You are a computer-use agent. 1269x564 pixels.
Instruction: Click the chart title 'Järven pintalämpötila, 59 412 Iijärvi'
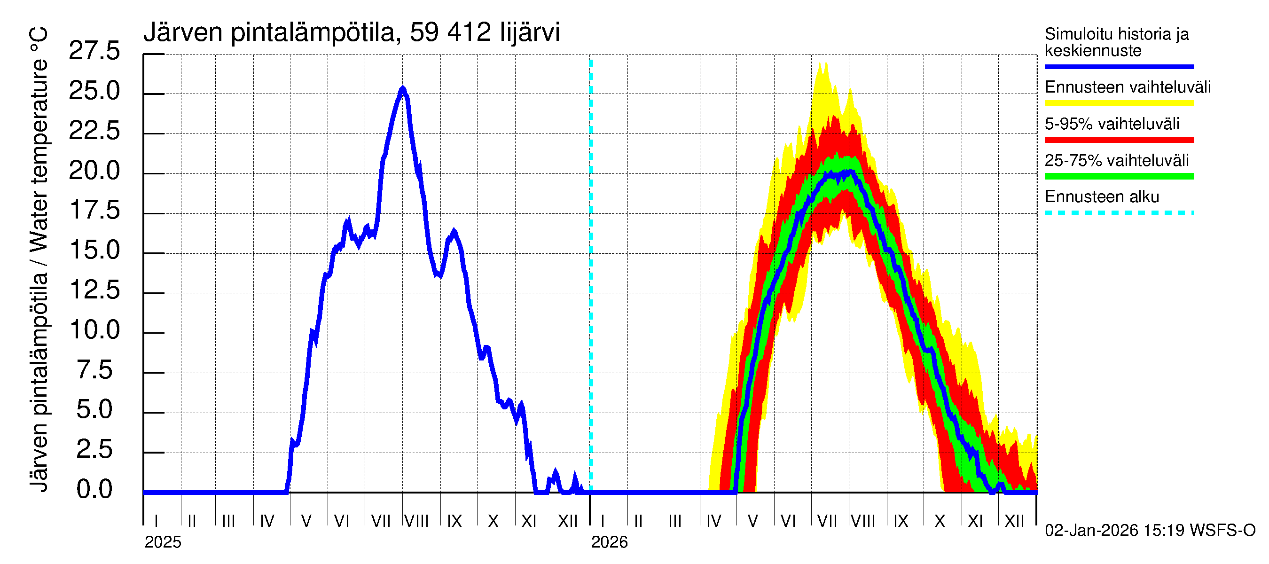(x=351, y=32)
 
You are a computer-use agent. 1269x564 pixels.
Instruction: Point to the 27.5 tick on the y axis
(x=94, y=51)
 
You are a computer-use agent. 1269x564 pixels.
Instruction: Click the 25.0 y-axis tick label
(x=94, y=91)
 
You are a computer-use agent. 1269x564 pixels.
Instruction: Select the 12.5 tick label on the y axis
(x=94, y=290)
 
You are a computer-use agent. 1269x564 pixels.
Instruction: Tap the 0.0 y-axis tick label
(x=94, y=490)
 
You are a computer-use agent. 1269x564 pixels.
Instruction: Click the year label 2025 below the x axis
(x=163, y=542)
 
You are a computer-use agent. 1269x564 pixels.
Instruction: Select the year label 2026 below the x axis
(x=610, y=542)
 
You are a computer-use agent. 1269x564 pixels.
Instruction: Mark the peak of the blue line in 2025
(x=402, y=89)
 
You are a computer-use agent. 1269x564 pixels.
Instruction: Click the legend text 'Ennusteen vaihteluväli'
(x=1128, y=87)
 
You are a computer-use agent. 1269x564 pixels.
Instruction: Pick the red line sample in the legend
(x=1119, y=140)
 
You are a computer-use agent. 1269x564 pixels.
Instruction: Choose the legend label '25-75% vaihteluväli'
(x=1116, y=161)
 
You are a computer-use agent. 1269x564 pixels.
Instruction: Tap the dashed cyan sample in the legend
(x=1119, y=213)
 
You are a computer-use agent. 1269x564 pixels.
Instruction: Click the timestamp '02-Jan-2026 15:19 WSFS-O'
(x=1150, y=531)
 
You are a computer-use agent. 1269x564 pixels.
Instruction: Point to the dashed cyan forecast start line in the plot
(x=591, y=276)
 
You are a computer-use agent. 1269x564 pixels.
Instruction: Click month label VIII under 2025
(x=417, y=521)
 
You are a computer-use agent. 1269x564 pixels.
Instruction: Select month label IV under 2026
(x=714, y=521)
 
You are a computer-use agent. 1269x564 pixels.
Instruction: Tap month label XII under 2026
(x=1014, y=521)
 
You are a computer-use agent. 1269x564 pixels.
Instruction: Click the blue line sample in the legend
(x=1119, y=66)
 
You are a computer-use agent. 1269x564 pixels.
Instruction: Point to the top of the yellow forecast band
(x=821, y=63)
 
